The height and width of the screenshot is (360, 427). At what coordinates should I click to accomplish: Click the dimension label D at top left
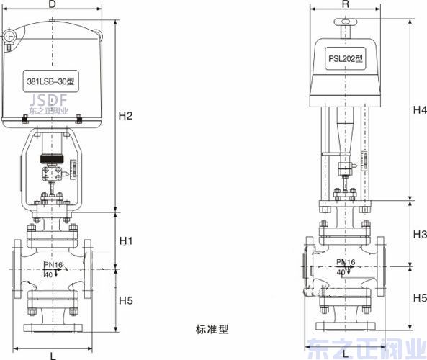coord(52,5)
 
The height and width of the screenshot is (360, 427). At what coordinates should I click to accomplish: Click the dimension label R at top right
coord(346,4)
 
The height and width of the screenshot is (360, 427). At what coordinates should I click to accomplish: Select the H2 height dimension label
coord(126,115)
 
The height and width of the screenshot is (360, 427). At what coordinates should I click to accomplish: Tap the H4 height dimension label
coord(420,110)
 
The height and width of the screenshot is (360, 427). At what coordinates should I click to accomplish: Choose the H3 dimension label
coord(420,235)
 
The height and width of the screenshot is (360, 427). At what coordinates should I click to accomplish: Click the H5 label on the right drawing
coord(420,297)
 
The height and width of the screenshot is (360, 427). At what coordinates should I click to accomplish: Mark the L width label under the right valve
coord(346,354)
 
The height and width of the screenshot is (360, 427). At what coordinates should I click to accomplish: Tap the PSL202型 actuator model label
coord(346,58)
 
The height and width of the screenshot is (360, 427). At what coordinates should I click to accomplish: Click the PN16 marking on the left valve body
coord(54,266)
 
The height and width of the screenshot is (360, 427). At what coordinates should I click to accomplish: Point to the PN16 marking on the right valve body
coord(346,261)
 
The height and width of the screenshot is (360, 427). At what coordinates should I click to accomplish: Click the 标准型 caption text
coord(212,330)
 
